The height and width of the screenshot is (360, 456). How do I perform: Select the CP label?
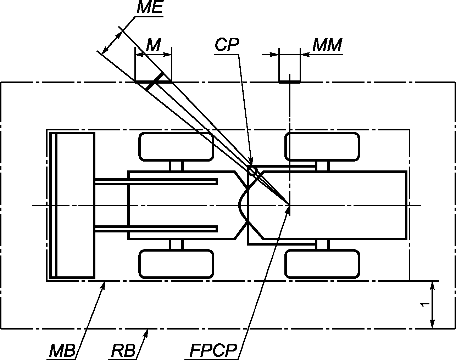227,45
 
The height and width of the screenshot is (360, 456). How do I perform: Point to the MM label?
327,45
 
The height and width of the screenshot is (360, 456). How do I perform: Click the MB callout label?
62,350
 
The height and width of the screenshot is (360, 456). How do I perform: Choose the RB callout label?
123,350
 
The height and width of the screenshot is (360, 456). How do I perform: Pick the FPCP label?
213,350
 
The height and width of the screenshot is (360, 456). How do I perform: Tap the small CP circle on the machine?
252,170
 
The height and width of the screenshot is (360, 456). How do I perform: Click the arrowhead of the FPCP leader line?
288,209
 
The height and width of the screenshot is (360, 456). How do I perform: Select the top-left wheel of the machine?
176,147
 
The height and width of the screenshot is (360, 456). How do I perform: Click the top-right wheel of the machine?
322,147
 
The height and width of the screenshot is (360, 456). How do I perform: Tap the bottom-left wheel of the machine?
176,264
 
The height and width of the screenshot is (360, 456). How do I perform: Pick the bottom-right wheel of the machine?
322,264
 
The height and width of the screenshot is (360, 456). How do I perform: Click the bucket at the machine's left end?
72,205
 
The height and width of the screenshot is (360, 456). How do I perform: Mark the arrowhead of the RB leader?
146,333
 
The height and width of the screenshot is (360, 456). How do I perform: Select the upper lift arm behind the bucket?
156,182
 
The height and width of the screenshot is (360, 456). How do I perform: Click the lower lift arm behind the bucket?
156,229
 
